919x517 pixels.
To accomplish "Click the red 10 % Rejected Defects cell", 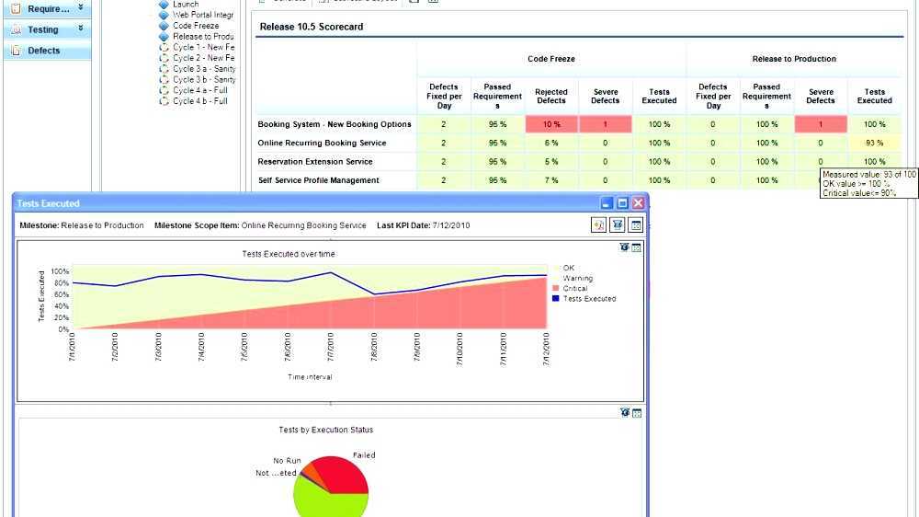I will pos(551,124).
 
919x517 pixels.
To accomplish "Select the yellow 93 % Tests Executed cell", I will pos(874,144).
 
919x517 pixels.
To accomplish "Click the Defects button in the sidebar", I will pos(44,51).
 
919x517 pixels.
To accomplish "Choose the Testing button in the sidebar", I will pos(43,29).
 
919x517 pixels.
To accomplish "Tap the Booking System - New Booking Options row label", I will pos(335,124).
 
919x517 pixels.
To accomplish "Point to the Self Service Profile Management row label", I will pos(318,180).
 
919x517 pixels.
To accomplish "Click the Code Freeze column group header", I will pos(551,59).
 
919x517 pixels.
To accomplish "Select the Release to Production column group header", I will pos(794,59).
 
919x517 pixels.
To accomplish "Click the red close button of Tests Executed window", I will pos(638,203).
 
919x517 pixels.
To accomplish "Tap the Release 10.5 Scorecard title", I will pos(311,27).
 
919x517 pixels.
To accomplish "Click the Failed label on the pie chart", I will pos(364,455).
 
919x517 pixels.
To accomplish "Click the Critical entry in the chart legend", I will pos(574,289).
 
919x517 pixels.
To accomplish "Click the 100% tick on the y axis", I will pos(60,272).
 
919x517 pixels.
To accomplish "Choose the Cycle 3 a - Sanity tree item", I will pos(204,69).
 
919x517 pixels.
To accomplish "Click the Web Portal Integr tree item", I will pos(203,16).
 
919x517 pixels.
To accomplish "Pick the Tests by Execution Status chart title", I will pos(326,430).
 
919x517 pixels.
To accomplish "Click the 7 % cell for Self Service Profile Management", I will pos(551,180).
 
